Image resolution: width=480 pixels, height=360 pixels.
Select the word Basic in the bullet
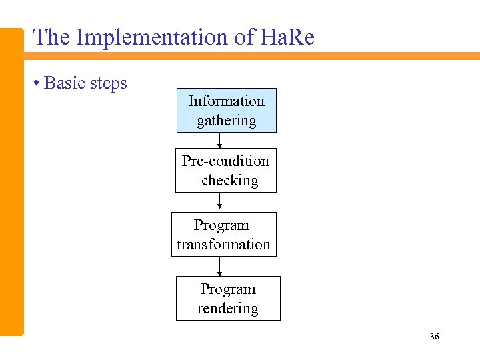pos(64,83)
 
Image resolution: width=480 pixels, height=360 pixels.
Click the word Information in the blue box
pos(227,101)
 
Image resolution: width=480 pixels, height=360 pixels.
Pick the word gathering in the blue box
pos(227,121)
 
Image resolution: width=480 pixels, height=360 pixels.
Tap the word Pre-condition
pos(225,161)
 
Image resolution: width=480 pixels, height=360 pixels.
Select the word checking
pos(229,181)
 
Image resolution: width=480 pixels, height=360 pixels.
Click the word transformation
pos(223,245)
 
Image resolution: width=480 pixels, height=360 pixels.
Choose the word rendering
pos(228,309)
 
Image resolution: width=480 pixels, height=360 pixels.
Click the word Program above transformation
pos(221,225)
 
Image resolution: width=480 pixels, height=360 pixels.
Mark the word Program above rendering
pos(228,289)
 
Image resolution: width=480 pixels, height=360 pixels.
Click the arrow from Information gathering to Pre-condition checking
pos(220,140)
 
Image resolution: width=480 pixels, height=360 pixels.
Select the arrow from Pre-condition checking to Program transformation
pos(220,202)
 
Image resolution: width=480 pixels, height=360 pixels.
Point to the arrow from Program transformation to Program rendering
pos(220,266)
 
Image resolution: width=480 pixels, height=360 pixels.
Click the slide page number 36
pos(435,337)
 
